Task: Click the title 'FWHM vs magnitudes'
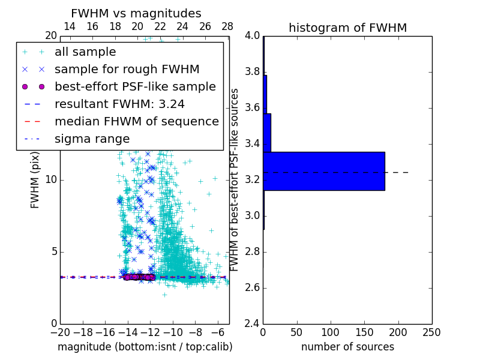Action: pyautogui.click(x=136, y=14)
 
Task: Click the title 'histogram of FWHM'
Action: pyautogui.click(x=347, y=28)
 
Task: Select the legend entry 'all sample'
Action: pyautogui.click(x=85, y=52)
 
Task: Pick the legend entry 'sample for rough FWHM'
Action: pyautogui.click(x=127, y=70)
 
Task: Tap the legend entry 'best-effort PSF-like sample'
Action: pyautogui.click(x=135, y=86)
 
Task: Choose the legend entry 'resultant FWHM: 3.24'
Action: pyautogui.click(x=119, y=104)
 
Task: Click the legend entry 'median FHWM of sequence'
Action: pyautogui.click(x=136, y=121)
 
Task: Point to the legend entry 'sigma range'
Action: pyautogui.click(x=92, y=139)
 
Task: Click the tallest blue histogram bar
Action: pyautogui.click(x=324, y=171)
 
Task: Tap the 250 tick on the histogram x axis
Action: pyautogui.click(x=431, y=332)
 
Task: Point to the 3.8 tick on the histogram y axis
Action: pyautogui.click(x=252, y=72)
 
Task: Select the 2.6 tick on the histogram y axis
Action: pyautogui.click(x=252, y=288)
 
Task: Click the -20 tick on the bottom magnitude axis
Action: pyautogui.click(x=60, y=332)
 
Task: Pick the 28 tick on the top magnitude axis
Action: pyautogui.click(x=227, y=26)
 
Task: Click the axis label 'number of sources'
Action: pyautogui.click(x=347, y=347)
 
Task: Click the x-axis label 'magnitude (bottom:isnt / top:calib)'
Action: pyautogui.click(x=145, y=347)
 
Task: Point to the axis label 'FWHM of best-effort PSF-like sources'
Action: pyautogui.click(x=235, y=179)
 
